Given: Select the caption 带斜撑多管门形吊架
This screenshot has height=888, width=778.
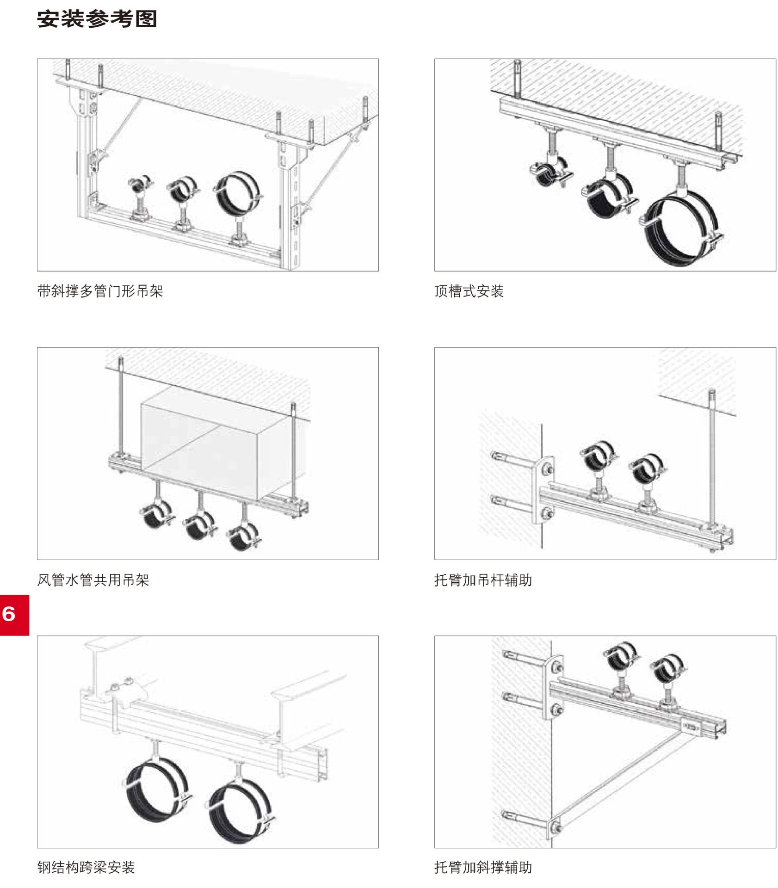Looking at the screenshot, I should (x=100, y=291).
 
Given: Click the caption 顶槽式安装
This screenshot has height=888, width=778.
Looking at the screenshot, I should (x=469, y=291).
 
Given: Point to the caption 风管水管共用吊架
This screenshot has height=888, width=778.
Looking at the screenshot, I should (x=93, y=580).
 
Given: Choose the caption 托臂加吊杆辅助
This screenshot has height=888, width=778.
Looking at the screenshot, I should (x=483, y=580).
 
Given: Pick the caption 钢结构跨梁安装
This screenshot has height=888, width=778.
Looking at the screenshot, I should (x=86, y=867).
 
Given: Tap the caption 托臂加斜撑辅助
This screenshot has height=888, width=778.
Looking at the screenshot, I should (x=483, y=867).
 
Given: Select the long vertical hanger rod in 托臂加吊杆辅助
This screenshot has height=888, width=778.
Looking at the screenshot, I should (x=711, y=462).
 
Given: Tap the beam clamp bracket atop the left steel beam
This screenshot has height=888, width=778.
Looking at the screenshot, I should (x=125, y=689).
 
